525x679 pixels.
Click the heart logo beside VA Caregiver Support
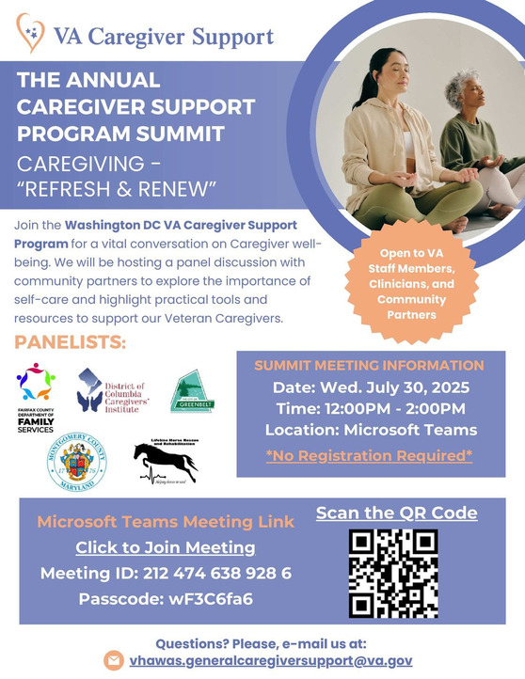32,33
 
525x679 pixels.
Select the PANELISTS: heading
71,340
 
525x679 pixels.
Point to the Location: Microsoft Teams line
370,430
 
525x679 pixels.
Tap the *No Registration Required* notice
369,456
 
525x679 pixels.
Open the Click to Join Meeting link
165,546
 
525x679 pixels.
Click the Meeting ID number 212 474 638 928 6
166,573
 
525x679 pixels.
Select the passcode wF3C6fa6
165,598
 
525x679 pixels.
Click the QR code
393,574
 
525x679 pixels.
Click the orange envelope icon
114,660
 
